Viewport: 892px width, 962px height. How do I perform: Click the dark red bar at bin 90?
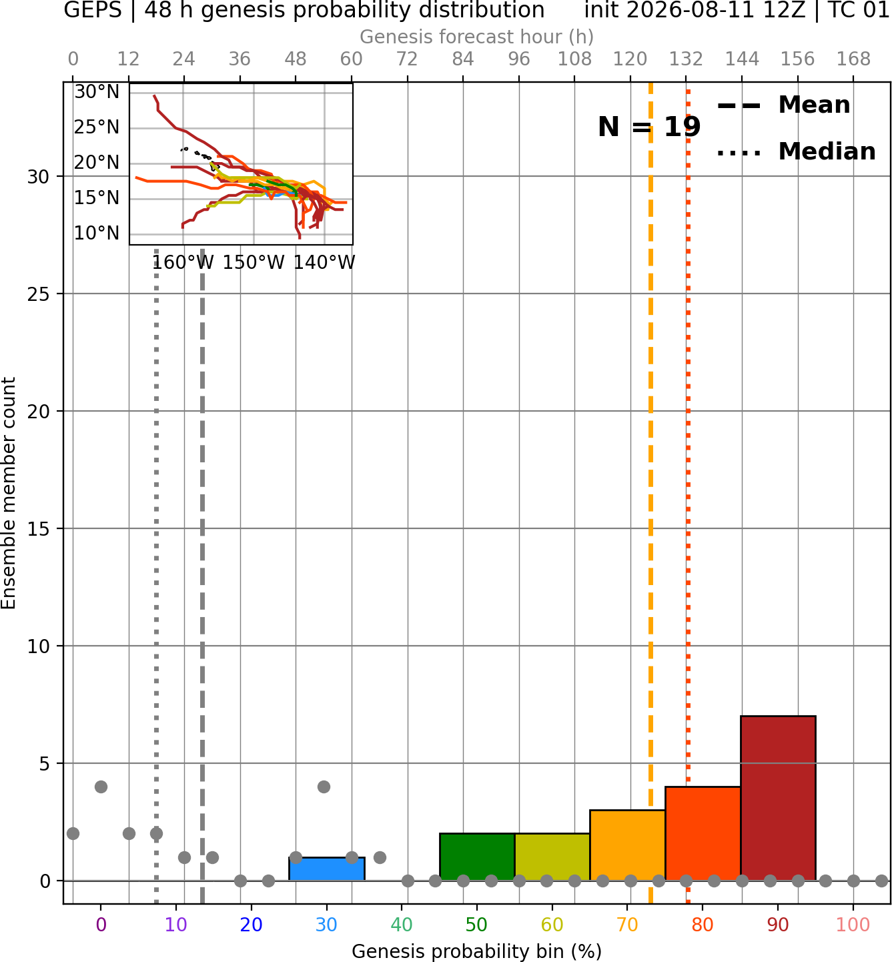point(778,798)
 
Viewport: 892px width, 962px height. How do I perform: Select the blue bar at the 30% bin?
point(326,869)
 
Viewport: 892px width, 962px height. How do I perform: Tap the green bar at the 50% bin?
point(477,857)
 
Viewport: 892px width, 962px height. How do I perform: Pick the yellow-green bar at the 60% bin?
point(552,857)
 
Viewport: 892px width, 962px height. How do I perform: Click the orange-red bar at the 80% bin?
point(703,833)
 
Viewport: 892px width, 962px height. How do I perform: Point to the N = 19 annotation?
point(649,127)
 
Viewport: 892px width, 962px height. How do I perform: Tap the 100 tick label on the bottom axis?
point(853,925)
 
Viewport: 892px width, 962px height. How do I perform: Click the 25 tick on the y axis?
point(38,294)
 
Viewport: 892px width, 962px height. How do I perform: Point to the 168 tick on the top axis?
point(853,59)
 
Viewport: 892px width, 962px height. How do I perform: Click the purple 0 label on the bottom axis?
point(101,925)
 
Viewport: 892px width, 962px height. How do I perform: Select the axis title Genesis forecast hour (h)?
point(477,37)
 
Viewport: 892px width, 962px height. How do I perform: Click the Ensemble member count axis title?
point(8,493)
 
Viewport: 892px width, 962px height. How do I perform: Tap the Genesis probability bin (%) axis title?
point(477,951)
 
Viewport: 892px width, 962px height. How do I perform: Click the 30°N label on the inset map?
point(97,91)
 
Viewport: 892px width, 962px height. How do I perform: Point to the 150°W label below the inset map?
point(254,263)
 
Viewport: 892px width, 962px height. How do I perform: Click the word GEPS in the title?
point(93,10)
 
